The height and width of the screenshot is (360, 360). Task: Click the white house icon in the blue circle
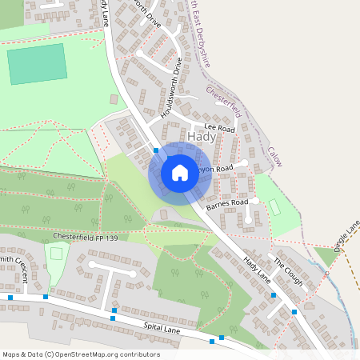[x=180, y=172]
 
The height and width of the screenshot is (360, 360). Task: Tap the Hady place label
[x=202, y=137]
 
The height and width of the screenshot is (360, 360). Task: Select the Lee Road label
[x=218, y=127]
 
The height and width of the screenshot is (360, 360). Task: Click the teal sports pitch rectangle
[x=37, y=64]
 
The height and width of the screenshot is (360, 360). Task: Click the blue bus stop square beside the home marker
[x=156, y=150]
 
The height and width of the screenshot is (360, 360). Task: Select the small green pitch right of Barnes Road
[x=275, y=207]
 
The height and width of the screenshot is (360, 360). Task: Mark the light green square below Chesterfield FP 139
[x=55, y=254]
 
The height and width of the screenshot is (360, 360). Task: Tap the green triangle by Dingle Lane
[x=324, y=256]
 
